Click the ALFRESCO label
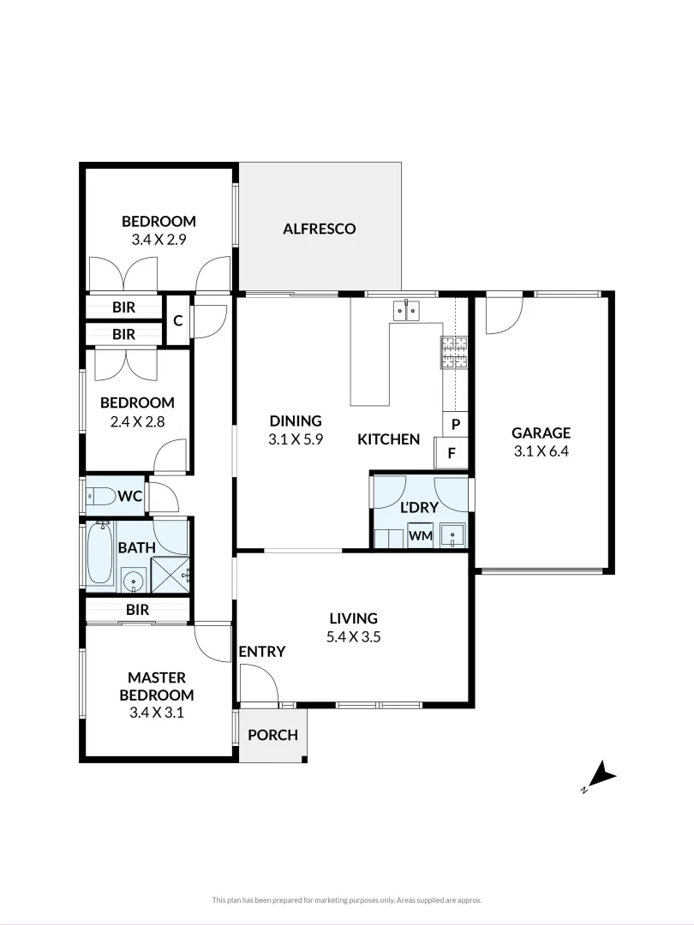319,229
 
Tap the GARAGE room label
541,433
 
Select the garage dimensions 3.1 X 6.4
541,452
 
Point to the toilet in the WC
101,496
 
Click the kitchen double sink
405,309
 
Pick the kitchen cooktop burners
454,351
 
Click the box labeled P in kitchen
455,424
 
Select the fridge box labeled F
452,453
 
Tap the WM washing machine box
420,535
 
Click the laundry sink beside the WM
452,535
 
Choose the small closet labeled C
177,320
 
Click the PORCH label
272,734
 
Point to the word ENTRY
261,652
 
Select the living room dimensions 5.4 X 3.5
353,636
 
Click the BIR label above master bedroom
137,610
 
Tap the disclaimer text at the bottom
347,899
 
